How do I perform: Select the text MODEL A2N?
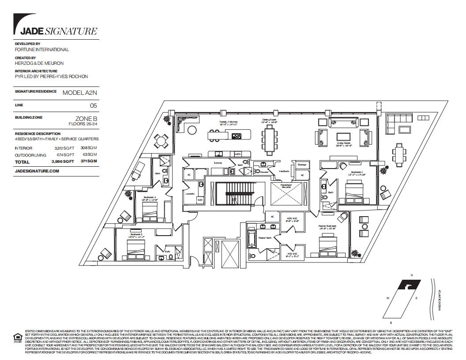79,92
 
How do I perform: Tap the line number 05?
93,106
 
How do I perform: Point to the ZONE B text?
86,119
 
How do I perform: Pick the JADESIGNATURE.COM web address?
37,170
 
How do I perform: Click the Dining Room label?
269,120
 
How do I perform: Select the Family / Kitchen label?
229,121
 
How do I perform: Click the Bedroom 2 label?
357,172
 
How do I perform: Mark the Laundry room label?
190,193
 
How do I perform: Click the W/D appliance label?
200,200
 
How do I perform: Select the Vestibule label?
284,171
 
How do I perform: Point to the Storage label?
302,165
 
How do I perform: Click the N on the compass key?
411,275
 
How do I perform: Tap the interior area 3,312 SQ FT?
63,148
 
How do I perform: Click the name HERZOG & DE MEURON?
39,63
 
